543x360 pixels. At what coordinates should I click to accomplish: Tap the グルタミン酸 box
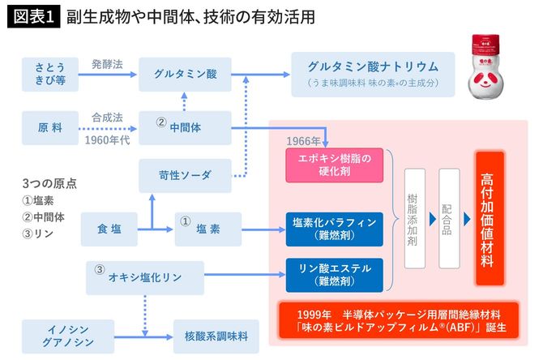[186, 73]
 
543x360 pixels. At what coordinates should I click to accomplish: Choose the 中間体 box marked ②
[186, 126]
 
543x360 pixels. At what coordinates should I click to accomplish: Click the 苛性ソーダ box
[186, 175]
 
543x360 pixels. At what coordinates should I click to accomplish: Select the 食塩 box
[110, 229]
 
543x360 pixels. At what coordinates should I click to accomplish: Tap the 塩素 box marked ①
[208, 229]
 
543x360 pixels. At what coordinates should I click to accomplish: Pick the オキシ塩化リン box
[144, 276]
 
